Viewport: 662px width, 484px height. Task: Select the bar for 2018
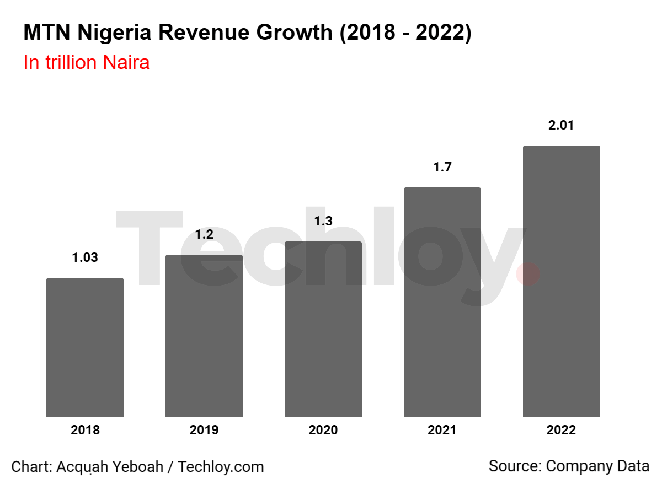coord(85,347)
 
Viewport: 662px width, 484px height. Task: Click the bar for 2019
coord(204,336)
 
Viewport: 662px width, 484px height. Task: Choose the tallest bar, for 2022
coord(561,281)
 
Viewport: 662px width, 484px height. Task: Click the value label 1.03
coord(85,257)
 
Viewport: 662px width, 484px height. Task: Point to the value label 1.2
coord(204,234)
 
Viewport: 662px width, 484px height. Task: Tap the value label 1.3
coord(323,221)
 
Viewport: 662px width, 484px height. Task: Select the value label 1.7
coord(442,167)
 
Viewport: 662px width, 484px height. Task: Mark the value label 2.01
coord(561,125)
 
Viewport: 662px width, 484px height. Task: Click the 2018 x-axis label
coord(85,431)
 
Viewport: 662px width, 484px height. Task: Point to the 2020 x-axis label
coord(323,431)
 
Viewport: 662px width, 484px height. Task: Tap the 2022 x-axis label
coord(561,431)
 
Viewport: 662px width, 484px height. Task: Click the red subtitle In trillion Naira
coord(87,62)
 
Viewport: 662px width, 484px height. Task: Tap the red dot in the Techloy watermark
coord(528,274)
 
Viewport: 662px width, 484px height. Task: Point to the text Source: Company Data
coord(569,466)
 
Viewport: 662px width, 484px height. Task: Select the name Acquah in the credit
coord(79,467)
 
